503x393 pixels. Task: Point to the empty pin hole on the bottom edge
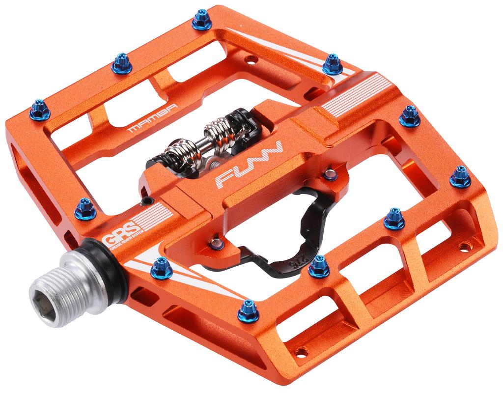tap(301, 352)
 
